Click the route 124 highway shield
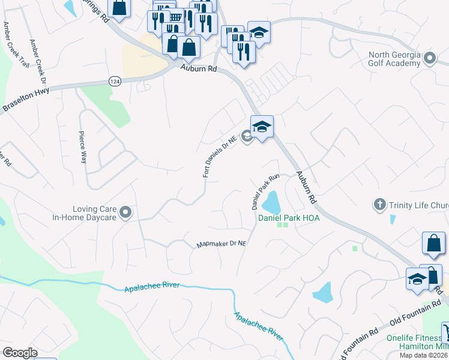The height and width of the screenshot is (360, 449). pyautogui.click(x=115, y=80)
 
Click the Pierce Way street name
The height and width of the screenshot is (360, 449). pyautogui.click(x=83, y=148)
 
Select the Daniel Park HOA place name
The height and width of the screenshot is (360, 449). pyautogui.click(x=288, y=218)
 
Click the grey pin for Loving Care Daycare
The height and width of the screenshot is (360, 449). pyautogui.click(x=125, y=212)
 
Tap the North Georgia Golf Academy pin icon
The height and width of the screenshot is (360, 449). pyautogui.click(x=429, y=58)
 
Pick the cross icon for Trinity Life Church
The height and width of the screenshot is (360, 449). pyautogui.click(x=379, y=205)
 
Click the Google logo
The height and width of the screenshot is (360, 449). pyautogui.click(x=19, y=353)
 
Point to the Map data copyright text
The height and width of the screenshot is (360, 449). pyautogui.click(x=424, y=355)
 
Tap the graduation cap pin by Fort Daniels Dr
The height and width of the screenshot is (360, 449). pyautogui.click(x=262, y=127)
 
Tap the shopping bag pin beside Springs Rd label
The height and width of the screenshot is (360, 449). pyautogui.click(x=120, y=8)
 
